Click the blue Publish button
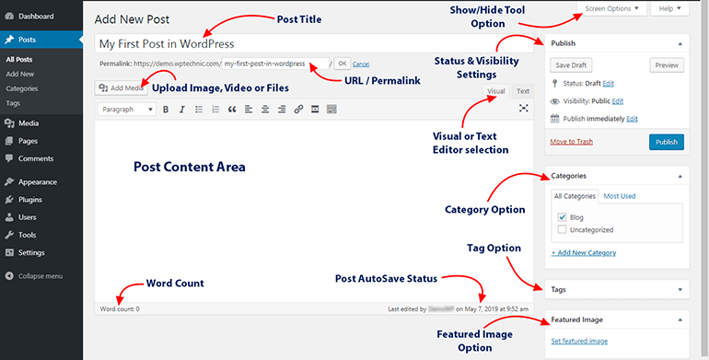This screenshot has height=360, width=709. (x=666, y=142)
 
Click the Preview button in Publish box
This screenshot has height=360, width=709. (x=667, y=65)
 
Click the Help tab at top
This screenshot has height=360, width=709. (x=668, y=8)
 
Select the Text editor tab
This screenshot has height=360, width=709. (x=522, y=91)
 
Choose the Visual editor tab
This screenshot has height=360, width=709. (x=495, y=91)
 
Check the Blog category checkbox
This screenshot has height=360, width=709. (x=562, y=216)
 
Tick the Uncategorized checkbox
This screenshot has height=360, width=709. (x=562, y=229)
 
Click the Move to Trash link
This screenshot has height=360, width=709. (x=572, y=141)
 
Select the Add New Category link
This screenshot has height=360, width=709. (x=584, y=252)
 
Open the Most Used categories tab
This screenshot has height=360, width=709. (x=619, y=196)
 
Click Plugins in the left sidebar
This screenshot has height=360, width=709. (x=30, y=199)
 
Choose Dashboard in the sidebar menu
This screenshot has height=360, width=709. (x=36, y=17)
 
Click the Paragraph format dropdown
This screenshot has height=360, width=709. (x=125, y=110)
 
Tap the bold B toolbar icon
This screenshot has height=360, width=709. (x=166, y=110)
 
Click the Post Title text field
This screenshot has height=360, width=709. (x=313, y=43)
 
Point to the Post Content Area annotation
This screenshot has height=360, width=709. (x=190, y=167)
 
